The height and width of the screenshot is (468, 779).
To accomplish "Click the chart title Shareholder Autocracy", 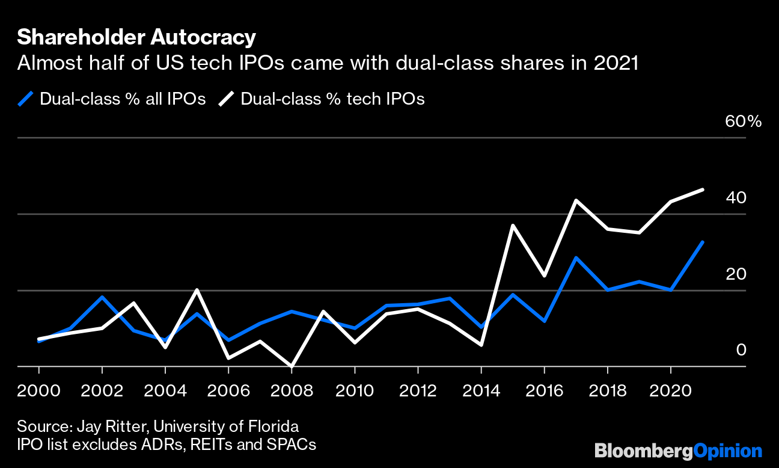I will pyautogui.click(x=136, y=37).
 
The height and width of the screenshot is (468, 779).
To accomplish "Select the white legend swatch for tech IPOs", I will pyautogui.click(x=227, y=99).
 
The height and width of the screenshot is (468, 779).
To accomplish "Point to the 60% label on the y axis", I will pyautogui.click(x=744, y=122).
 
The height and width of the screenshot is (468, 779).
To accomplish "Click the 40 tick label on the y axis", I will pyautogui.click(x=736, y=197).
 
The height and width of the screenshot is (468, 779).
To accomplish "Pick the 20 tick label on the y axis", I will pyautogui.click(x=736, y=274).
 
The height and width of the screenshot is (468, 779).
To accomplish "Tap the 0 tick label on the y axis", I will pyautogui.click(x=741, y=349).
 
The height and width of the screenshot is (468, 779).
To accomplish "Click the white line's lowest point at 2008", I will pyautogui.click(x=292, y=366).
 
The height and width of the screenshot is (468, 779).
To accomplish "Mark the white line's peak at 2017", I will pyautogui.click(x=576, y=200).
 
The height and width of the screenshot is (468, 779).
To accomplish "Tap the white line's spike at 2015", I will pyautogui.click(x=513, y=226).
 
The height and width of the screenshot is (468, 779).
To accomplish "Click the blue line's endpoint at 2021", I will pyautogui.click(x=702, y=242).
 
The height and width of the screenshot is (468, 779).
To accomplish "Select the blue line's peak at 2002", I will pyautogui.click(x=102, y=297).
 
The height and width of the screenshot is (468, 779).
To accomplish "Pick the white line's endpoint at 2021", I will pyautogui.click(x=702, y=189).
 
